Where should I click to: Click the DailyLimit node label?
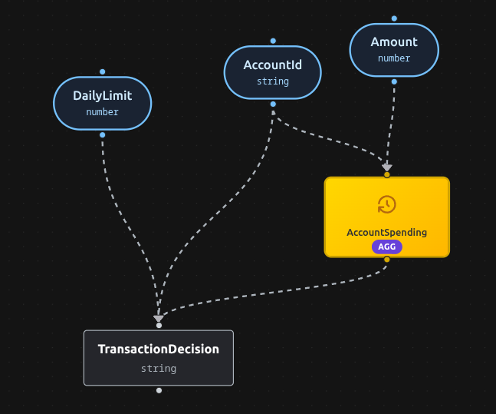tap(102, 96)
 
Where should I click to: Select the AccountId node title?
tap(272, 65)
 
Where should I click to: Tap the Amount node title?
tap(394, 42)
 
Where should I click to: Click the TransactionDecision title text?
tap(159, 349)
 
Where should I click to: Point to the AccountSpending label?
tap(386, 232)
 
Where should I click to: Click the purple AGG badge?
tap(387, 247)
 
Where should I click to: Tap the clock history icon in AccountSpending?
tap(387, 204)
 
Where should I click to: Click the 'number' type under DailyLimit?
tap(102, 112)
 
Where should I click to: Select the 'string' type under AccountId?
tap(272, 81)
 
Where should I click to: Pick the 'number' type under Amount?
tap(394, 58)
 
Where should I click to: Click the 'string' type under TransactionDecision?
tap(159, 369)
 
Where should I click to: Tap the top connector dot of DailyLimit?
tap(102, 71)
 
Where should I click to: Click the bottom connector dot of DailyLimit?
tap(102, 134)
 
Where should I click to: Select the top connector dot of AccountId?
tap(273, 41)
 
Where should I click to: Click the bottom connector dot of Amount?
tap(394, 81)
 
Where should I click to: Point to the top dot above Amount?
tap(394, 18)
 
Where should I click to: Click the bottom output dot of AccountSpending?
tap(387, 260)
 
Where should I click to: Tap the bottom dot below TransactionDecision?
tap(159, 390)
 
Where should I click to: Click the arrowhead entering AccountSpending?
tap(387, 167)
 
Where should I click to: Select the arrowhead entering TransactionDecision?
tap(159, 318)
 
